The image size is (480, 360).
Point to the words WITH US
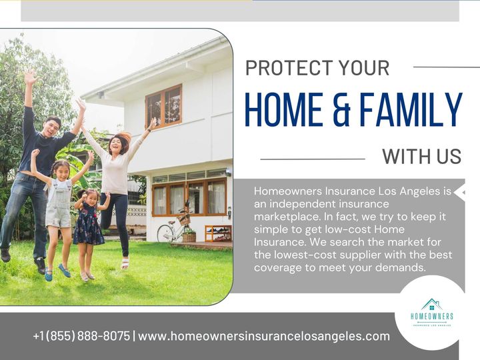[x=421, y=157]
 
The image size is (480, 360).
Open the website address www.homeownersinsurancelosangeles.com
[x=264, y=336]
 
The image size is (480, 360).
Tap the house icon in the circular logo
[x=431, y=305]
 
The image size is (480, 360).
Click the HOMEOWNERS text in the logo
[x=431, y=317]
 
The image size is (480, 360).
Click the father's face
[x=52, y=125]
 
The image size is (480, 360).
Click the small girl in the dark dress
[x=89, y=223]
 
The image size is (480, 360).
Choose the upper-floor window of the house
[x=163, y=105]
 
